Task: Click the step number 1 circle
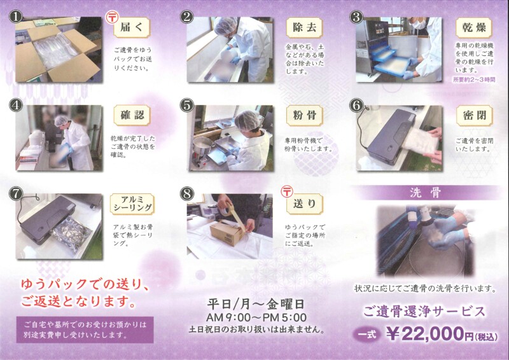coord(15,17)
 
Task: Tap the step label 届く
coord(132,27)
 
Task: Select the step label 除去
coord(305,27)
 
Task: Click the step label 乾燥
coord(474,27)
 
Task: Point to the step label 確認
coord(132,115)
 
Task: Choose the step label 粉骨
coord(305,116)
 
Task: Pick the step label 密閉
coord(474,116)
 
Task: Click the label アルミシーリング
coord(132,204)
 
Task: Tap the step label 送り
coord(305,204)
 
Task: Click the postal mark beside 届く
coord(112,17)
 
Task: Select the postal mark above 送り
coord(287,191)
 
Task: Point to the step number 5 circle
coord(186,106)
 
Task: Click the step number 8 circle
coord(186,194)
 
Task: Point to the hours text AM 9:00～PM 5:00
coord(256,317)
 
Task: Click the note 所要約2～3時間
coord(474,80)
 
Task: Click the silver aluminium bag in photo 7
coord(72,234)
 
